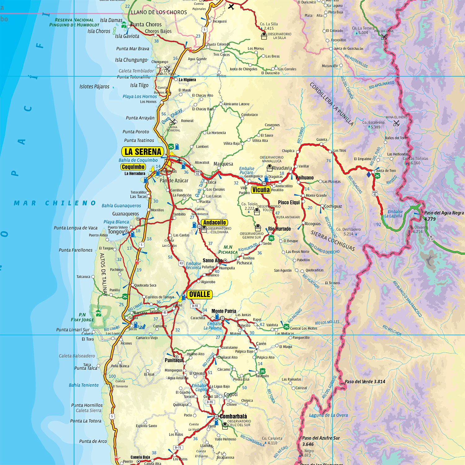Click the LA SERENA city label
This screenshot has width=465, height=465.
pos(143,152)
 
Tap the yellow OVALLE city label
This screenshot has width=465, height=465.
pos(200,294)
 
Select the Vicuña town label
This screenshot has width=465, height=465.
pos(261,190)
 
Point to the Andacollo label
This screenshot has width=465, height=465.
pos(215,223)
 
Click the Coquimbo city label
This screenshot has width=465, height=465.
pos(133,167)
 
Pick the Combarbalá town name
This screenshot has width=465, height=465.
pos(233,416)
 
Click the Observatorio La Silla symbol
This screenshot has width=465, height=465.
pos(264,36)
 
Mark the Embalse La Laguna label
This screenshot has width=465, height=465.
pos(394,214)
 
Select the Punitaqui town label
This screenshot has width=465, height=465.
pos(174,360)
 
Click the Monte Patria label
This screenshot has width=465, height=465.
pos(224,311)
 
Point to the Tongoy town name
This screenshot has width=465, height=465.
pos(116,232)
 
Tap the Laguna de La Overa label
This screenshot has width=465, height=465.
pos(328,415)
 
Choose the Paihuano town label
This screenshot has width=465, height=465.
pos(304,178)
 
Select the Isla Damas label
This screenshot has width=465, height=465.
pos(111,20)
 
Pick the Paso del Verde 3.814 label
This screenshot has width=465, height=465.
pos(365,382)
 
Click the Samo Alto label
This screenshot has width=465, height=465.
pos(212,260)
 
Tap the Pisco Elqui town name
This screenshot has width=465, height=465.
pos(289,202)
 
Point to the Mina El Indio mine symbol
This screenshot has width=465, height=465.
pos(396,123)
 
